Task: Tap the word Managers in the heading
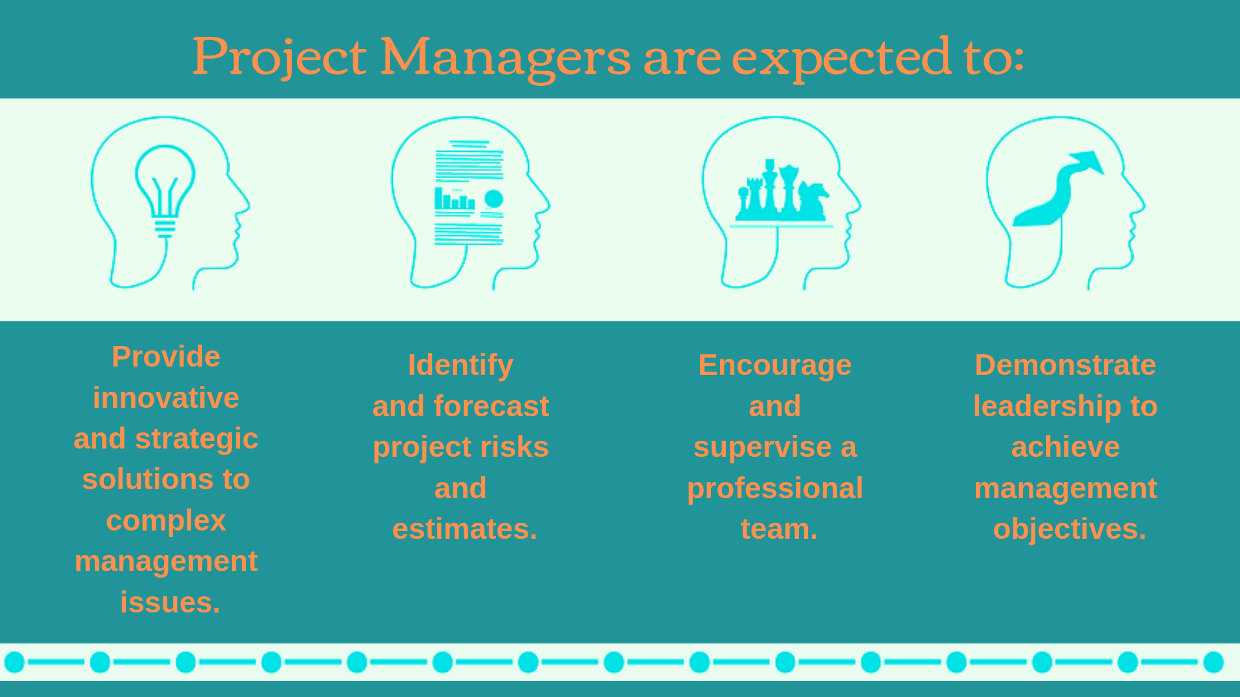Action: point(505,57)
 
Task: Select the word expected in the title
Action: point(842,57)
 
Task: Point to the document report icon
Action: point(469,192)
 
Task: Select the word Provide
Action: point(166,357)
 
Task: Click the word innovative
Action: point(166,398)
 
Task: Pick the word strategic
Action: point(196,439)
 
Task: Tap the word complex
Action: point(166,521)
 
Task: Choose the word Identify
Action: point(460,365)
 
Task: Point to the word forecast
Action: point(491,407)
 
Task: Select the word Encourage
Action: point(775,365)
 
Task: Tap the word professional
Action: point(775,489)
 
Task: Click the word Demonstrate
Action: point(1065,365)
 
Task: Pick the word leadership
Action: point(1047,407)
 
